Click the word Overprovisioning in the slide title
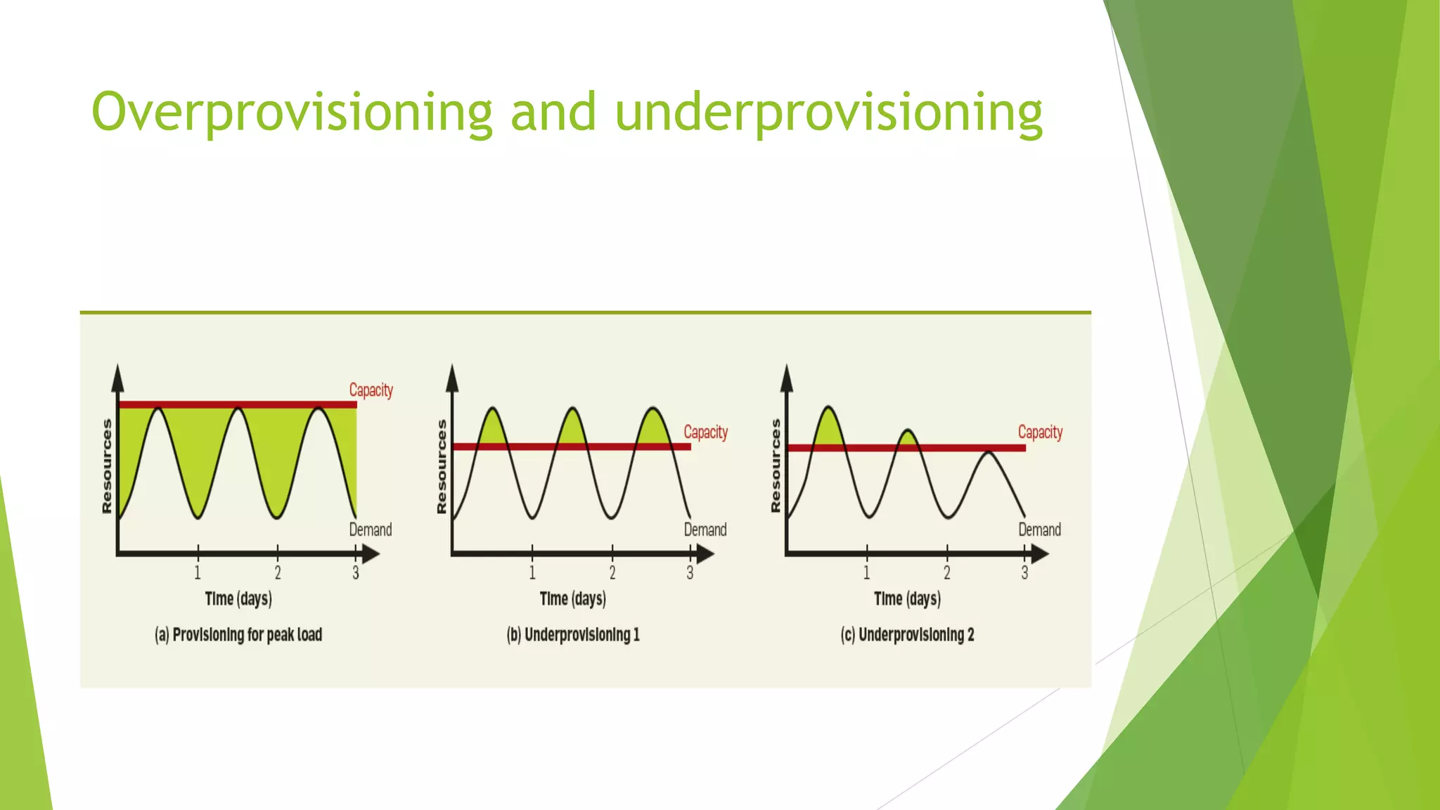point(292,112)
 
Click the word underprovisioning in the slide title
point(828,112)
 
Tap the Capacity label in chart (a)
point(371,390)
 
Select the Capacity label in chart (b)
point(705,432)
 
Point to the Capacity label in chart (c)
point(1040,432)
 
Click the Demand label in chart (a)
point(370,529)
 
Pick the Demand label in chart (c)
point(1039,529)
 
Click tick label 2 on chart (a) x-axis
point(278,573)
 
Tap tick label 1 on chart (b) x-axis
point(532,573)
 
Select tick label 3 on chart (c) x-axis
point(1024,573)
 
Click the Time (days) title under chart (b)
point(572,598)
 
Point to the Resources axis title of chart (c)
point(776,465)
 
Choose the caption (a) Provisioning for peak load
point(238,634)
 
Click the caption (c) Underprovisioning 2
point(907,634)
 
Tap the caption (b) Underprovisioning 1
point(573,634)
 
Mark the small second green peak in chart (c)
point(908,439)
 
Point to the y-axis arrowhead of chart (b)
point(452,378)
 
